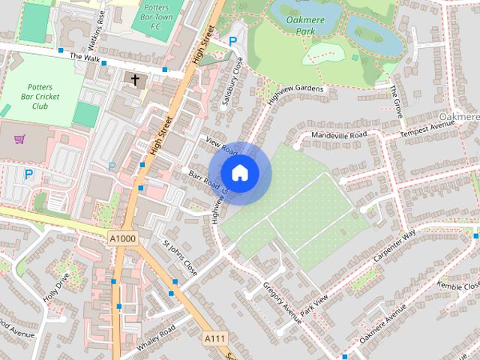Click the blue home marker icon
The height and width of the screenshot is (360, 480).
click(239, 173)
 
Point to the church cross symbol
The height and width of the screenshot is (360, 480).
click(136, 79)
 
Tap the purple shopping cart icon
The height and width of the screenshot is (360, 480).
click(19, 139)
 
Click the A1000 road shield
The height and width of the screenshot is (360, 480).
click(122, 238)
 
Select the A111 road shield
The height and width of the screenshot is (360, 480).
click(215, 340)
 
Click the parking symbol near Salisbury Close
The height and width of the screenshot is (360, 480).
click(233, 43)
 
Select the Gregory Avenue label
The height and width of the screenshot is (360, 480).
click(282, 302)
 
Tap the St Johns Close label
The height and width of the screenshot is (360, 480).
click(180, 257)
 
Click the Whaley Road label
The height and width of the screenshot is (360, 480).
click(157, 339)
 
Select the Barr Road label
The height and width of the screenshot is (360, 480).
click(204, 180)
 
